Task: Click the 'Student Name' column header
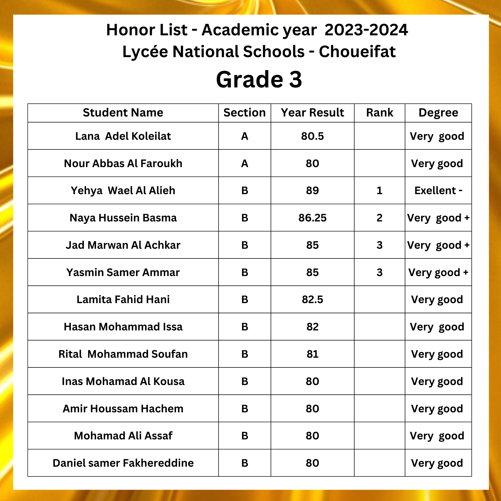coord(123,113)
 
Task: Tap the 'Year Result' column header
coord(312,113)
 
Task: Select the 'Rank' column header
coord(379,113)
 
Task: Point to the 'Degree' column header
coord(438,113)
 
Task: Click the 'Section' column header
coord(244,113)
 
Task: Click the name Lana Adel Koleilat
coord(123,136)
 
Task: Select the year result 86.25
coord(312,218)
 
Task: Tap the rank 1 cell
coord(379,191)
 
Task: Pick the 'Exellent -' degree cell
coord(438,191)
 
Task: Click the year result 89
coord(312,191)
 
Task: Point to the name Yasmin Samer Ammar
coord(123,272)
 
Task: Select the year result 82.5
coord(312,300)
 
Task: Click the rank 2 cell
coord(379,218)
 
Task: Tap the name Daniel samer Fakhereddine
coord(123,463)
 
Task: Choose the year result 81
coord(312,354)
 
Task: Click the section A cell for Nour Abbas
coord(244,164)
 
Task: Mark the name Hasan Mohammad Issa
coord(123,327)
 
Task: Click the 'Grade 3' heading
coord(259,79)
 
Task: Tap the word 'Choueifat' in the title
coord(357,52)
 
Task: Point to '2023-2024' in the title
coord(366,30)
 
